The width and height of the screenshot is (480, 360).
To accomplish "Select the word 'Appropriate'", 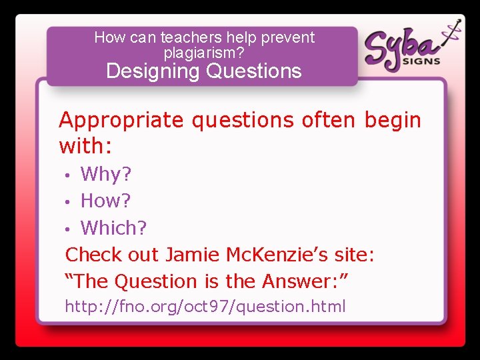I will tap(121, 121).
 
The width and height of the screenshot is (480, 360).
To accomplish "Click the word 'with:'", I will tap(86, 145).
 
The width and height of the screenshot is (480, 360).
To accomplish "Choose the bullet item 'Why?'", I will tap(106, 175).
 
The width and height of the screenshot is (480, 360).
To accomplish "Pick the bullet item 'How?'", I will tap(106, 201).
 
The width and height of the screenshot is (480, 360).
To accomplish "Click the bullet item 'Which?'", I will tap(113, 228).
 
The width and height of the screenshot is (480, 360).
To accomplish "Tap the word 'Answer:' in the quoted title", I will tap(304, 282).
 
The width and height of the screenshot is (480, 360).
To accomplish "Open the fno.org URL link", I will tap(205, 307).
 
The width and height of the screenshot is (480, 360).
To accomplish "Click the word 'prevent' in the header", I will tap(288, 37).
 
